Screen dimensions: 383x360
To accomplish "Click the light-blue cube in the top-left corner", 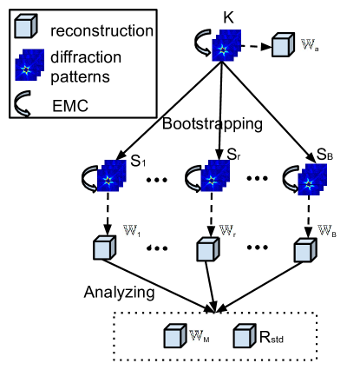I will (24, 27).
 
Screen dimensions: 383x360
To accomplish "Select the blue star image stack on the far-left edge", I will (29, 65).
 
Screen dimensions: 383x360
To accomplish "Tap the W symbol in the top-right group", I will (308, 44).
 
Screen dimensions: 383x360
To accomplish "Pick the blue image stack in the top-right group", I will (226, 46).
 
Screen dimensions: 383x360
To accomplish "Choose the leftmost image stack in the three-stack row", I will (112, 176).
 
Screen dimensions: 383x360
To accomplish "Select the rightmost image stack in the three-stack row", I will (312, 180).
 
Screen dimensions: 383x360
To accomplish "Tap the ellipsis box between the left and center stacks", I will (156, 182).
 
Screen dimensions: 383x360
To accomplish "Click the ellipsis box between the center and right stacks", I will (257, 180).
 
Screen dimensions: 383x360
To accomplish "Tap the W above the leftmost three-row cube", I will (130, 230).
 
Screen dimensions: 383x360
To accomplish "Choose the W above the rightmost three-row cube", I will (324, 230).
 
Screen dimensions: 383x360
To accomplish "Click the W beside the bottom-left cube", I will (196, 335).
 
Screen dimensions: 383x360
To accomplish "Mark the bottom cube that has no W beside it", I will (244, 336).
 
